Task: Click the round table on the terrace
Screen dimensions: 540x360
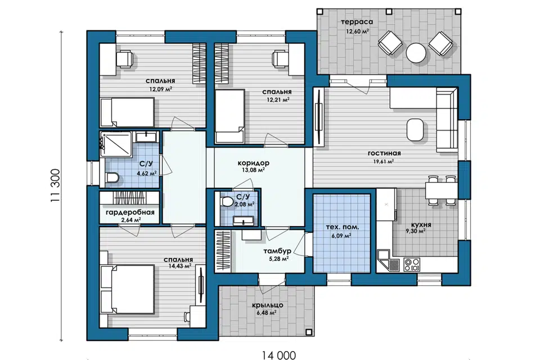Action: [416, 53]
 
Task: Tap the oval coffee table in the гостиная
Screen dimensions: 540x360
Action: [415, 129]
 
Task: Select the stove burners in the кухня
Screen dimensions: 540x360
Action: [412, 264]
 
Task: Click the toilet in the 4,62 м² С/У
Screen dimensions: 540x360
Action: [112, 178]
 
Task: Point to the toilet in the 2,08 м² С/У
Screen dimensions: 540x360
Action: [227, 201]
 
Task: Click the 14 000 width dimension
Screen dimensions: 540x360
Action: [278, 355]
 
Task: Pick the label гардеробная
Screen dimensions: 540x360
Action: [130, 212]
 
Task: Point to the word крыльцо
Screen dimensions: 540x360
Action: [267, 305]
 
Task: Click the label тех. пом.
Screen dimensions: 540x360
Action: [343, 227]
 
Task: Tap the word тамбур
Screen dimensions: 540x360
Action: [277, 251]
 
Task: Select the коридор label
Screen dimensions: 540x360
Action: [254, 163]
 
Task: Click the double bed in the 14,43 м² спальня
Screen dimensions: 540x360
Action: [127, 289]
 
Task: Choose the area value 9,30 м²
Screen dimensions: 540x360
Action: [416, 232]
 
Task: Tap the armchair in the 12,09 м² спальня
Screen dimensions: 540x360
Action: [124, 58]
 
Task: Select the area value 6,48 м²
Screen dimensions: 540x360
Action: [266, 313]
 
